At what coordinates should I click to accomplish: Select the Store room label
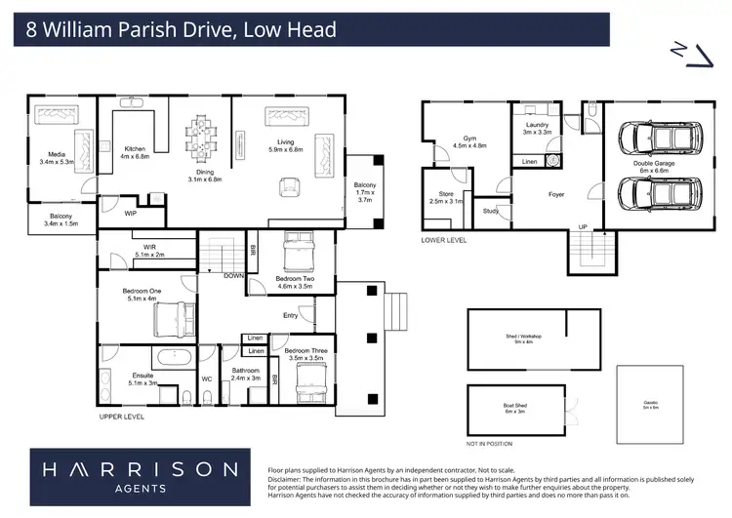(x=446, y=198)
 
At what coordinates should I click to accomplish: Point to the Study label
(x=490, y=211)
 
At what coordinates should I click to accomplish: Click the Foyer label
(x=556, y=194)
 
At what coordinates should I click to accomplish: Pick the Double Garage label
(x=652, y=167)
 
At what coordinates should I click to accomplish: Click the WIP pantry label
(x=130, y=211)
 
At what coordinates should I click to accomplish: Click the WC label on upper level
(x=207, y=378)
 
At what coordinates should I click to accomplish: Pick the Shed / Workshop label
(x=523, y=339)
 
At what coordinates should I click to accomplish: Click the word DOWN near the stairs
(x=233, y=276)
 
